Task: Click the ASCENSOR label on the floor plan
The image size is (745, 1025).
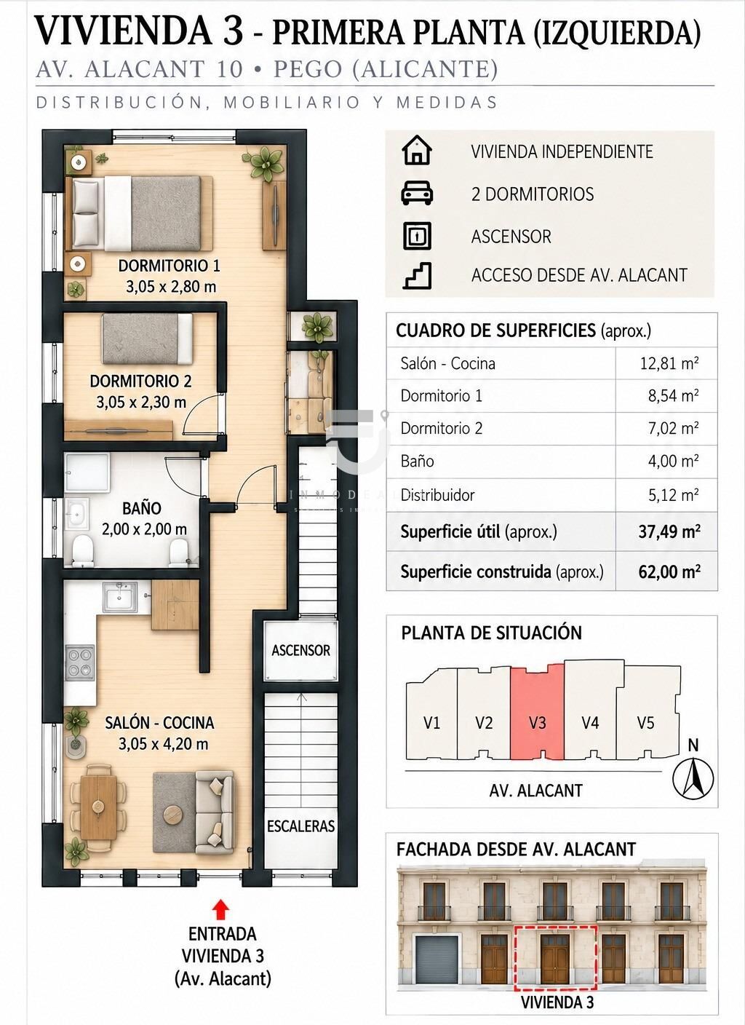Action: coord(300,650)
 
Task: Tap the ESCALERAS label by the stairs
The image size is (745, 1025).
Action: coord(301,826)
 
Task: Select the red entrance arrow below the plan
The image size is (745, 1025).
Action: coord(222,910)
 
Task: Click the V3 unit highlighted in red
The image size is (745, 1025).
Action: coord(537,711)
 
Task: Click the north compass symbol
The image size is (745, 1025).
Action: coord(693,778)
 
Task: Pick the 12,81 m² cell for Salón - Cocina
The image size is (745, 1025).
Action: coord(669,363)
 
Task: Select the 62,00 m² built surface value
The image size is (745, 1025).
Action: coord(669,571)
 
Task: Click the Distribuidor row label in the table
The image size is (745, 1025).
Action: coord(438,494)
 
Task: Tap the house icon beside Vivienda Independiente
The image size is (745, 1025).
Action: coord(417,150)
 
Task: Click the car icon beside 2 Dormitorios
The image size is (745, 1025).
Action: coord(417,193)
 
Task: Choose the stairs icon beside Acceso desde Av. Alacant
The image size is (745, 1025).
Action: coord(417,275)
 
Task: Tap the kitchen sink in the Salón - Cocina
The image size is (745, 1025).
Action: coord(119,596)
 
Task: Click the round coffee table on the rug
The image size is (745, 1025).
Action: coord(174,815)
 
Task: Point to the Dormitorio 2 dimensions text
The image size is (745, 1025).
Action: coord(141,403)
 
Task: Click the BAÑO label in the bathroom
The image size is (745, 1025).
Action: coord(142,508)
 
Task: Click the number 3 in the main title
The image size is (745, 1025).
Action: coord(233,30)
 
